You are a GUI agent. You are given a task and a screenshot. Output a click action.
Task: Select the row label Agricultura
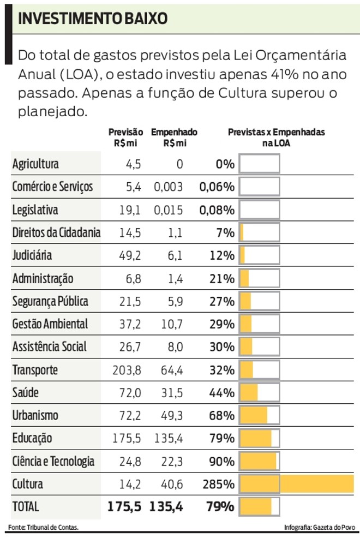pyautogui.click(x=35, y=164)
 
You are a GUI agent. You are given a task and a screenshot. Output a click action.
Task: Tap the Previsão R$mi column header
pyautogui.click(x=125, y=138)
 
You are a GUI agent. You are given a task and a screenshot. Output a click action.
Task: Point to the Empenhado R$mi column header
pyautogui.click(x=174, y=138)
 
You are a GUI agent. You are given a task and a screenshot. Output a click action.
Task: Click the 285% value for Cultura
pyautogui.click(x=221, y=484)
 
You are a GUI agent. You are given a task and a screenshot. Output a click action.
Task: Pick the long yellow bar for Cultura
pyautogui.click(x=297, y=484)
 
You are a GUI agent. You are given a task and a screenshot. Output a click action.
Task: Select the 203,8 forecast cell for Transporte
pyautogui.click(x=126, y=370)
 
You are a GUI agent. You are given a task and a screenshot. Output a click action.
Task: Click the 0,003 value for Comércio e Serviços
pyautogui.click(x=168, y=187)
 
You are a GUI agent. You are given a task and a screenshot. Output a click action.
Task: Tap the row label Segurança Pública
pyautogui.click(x=50, y=301)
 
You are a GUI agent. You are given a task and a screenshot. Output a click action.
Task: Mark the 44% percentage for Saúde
pyautogui.click(x=221, y=392)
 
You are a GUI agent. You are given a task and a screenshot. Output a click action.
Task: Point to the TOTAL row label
pyautogui.click(x=26, y=506)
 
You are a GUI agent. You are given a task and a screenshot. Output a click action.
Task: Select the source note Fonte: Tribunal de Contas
pyautogui.click(x=44, y=527)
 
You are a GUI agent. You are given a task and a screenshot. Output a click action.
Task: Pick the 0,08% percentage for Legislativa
pyautogui.click(x=217, y=210)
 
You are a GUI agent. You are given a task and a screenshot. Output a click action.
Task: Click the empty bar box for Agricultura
pyautogui.click(x=260, y=164)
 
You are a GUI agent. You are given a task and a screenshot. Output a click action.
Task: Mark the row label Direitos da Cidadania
pyautogui.click(x=56, y=232)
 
